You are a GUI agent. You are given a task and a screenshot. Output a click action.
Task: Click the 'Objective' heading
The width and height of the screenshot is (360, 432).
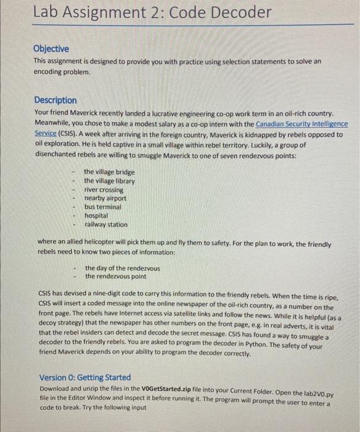(51, 49)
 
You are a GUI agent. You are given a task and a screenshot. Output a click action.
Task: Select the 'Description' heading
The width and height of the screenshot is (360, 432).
(55, 100)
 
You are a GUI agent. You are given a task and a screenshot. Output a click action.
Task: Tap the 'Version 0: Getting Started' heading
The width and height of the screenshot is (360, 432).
(85, 377)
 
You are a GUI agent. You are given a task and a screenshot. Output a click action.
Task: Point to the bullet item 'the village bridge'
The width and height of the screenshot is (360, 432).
(109, 172)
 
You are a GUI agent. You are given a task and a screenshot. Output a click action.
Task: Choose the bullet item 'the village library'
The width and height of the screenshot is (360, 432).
(109, 181)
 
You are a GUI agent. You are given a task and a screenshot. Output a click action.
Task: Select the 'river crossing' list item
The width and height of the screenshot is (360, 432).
(104, 189)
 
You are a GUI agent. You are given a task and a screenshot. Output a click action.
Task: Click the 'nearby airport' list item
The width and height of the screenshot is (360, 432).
(105, 198)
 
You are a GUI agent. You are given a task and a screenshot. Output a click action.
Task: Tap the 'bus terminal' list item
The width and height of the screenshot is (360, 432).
(103, 207)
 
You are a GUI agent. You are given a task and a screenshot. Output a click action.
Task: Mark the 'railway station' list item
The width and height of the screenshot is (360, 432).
(106, 225)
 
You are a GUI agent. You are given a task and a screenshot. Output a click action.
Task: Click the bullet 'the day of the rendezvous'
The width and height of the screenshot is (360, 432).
(123, 268)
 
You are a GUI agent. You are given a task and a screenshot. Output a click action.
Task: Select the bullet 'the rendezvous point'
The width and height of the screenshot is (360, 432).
(116, 276)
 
